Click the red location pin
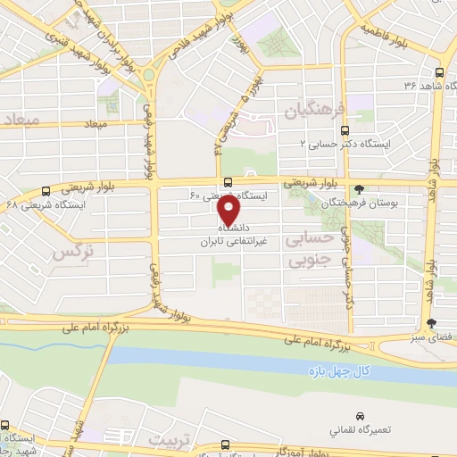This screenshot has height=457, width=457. (229, 211)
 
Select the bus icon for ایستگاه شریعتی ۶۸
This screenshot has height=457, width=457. (46, 191)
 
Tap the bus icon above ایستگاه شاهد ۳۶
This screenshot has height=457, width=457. (438, 73)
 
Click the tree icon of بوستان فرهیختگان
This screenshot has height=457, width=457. (359, 189)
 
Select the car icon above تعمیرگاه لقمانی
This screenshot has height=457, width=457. (360, 417)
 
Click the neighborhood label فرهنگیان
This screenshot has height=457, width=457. (312, 112)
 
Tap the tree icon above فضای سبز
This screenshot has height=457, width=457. (432, 324)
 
